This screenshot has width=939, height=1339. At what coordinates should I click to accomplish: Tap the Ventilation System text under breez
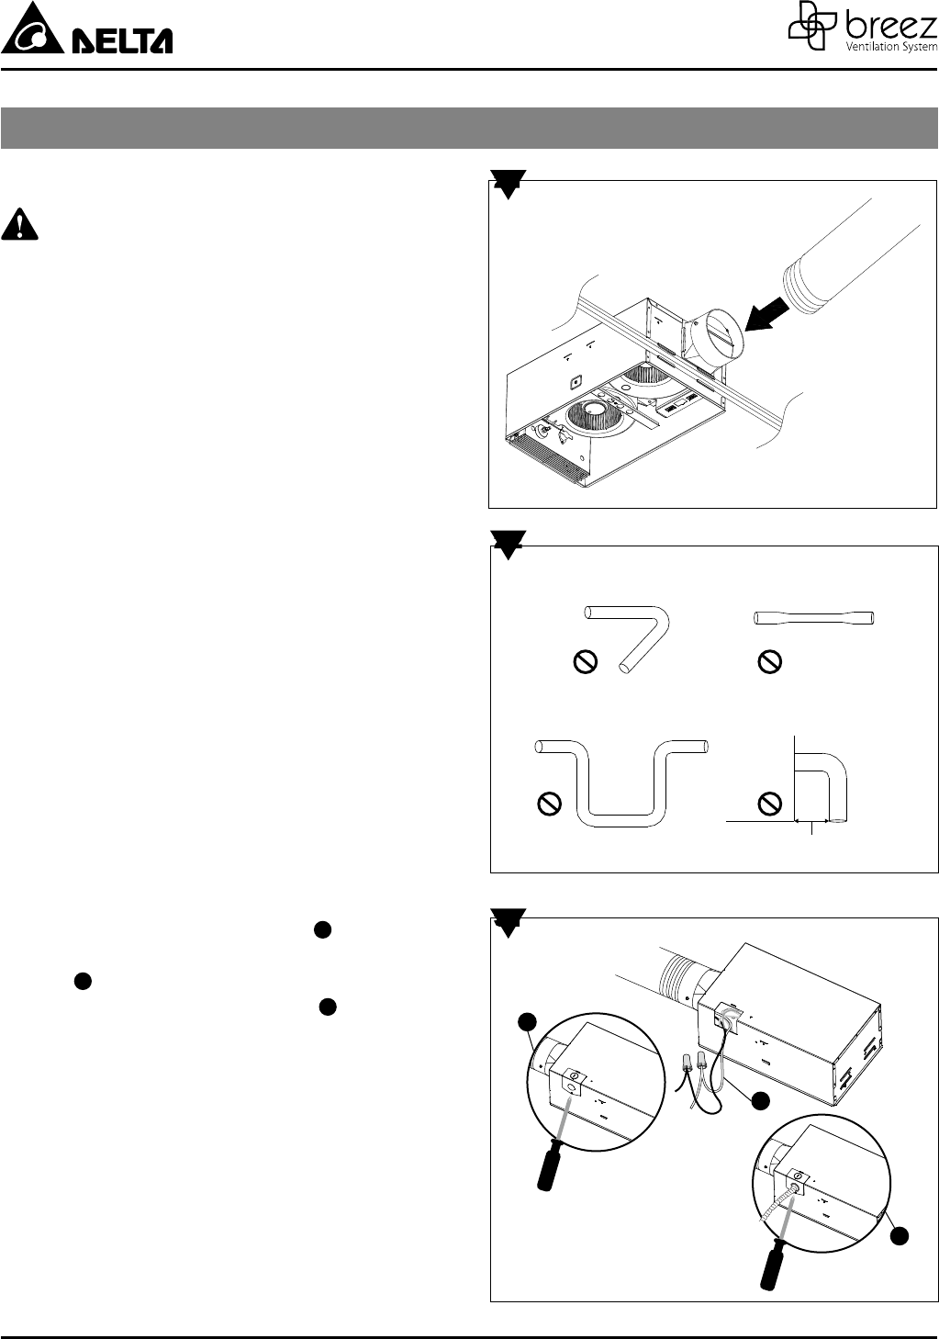coord(892,47)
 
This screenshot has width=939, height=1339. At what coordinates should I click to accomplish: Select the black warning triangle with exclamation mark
coord(19,224)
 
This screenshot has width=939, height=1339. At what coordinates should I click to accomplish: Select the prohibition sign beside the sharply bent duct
coord(586,662)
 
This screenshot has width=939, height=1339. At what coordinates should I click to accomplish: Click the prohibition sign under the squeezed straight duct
coord(769,662)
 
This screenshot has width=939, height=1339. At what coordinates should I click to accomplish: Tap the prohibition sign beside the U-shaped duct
coord(549,804)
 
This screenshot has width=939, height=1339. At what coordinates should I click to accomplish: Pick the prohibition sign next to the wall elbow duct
coord(769,804)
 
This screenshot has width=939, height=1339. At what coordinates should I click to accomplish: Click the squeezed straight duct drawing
coord(814,617)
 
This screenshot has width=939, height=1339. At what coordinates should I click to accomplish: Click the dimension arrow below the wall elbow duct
coord(811,821)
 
